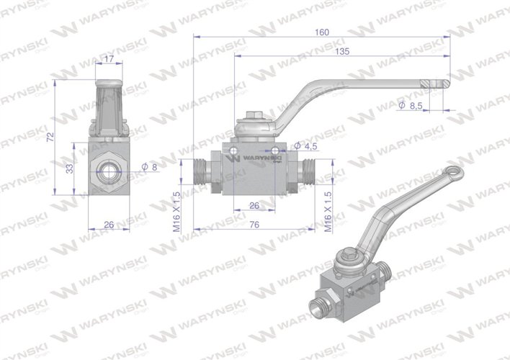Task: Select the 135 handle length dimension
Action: [342, 51]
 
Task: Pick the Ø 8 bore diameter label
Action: [150, 167]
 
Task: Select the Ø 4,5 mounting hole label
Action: [307, 146]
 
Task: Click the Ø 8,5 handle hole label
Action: [411, 106]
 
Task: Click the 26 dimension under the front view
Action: [108, 225]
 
